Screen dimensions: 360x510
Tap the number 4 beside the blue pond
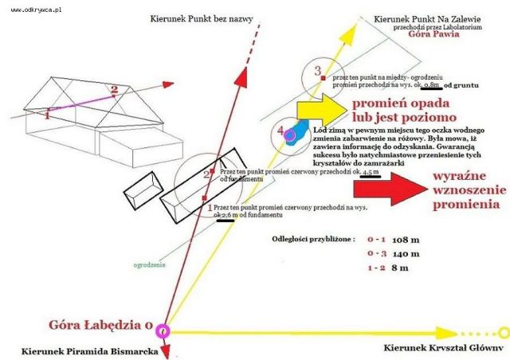pos(279,130)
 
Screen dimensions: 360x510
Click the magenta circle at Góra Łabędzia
pos(163,330)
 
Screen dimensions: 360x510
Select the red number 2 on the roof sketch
pos(114,89)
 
